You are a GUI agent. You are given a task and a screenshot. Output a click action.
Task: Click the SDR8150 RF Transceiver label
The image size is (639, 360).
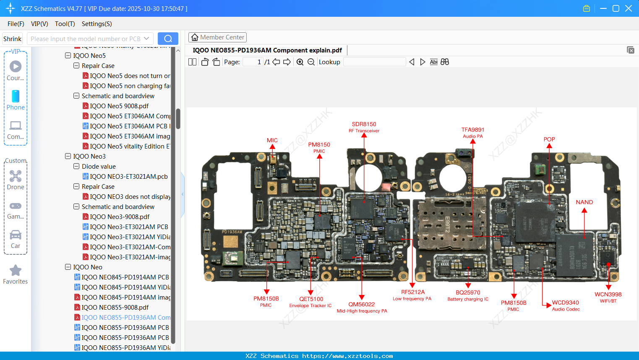pyautogui.click(x=364, y=127)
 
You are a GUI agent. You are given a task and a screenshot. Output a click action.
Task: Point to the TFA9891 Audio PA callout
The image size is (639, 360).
pyautogui.click(x=473, y=133)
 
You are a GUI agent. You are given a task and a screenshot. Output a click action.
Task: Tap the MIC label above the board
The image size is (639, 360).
pyautogui.click(x=272, y=140)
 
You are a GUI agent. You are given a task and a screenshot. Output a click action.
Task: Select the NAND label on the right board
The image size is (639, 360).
pyautogui.click(x=584, y=202)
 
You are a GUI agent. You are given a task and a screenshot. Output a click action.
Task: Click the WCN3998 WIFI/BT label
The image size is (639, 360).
pyautogui.click(x=608, y=297)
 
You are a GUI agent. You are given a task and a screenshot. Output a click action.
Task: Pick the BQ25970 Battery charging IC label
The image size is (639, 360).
pyautogui.click(x=468, y=295)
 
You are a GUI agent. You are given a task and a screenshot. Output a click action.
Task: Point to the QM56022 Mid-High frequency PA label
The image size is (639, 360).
pyautogui.click(x=362, y=307)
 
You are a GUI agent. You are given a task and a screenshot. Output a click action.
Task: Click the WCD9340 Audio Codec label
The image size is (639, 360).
pyautogui.click(x=565, y=305)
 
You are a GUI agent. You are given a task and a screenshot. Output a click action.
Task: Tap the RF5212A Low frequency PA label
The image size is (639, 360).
pyautogui.click(x=412, y=295)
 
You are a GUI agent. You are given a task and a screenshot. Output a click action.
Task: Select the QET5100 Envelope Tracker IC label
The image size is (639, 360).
pyautogui.click(x=310, y=302)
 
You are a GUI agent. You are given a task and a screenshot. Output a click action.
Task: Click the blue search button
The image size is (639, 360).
pyautogui.click(x=168, y=39)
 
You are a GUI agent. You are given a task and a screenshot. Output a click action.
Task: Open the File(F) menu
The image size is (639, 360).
pyautogui.click(x=16, y=24)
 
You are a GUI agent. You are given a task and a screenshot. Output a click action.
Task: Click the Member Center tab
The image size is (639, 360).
pyautogui.click(x=217, y=37)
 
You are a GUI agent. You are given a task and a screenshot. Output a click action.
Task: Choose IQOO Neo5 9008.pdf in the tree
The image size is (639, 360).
pyautogui.click(x=119, y=106)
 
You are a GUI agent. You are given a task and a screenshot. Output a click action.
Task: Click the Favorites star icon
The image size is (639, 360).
pyautogui.click(x=16, y=271)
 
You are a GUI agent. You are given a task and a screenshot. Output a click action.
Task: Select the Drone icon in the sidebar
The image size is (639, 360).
pyautogui.click(x=16, y=176)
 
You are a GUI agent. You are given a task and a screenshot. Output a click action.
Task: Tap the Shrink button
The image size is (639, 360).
pyautogui.click(x=13, y=39)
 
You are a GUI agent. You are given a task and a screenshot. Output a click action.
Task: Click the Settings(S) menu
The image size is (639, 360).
pyautogui.click(x=97, y=24)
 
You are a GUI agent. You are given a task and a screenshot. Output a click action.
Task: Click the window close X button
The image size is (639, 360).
pyautogui.click(x=628, y=8)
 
